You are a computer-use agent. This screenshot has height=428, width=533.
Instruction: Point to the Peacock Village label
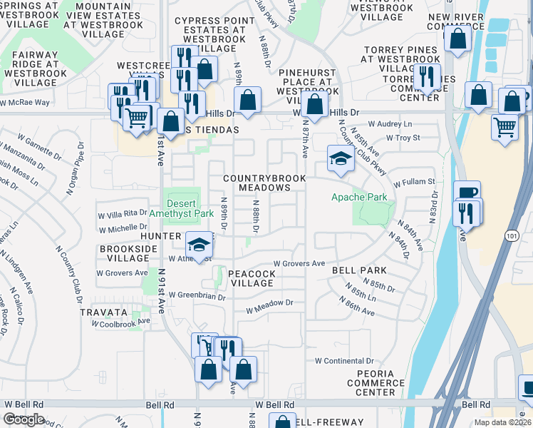[x=252, y=278]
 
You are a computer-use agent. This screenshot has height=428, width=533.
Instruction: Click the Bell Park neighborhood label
[x=359, y=270]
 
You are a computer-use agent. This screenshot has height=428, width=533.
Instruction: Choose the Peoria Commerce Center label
[x=376, y=383]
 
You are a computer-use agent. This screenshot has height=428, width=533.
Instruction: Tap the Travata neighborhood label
[x=104, y=312]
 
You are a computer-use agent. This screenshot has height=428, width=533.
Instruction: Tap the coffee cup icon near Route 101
[x=467, y=193]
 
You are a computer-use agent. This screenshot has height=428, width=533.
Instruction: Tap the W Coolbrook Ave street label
[x=121, y=322]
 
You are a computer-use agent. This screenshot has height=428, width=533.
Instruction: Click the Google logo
[x=24, y=419]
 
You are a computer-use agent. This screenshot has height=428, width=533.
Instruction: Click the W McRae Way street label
[x=25, y=103]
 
